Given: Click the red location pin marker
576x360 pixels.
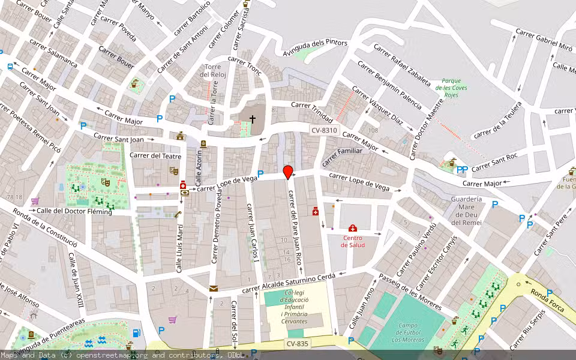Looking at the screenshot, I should pyautogui.click(x=288, y=172).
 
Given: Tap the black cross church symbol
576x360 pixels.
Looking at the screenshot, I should pyautogui.click(x=253, y=119).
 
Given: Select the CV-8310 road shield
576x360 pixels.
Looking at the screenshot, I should pyautogui.click(x=325, y=130).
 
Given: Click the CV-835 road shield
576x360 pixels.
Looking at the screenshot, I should pyautogui.click(x=298, y=344).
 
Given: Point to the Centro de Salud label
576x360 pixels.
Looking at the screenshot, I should pyautogui.click(x=353, y=241).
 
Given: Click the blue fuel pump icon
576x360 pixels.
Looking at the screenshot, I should pyautogui.click(x=137, y=334).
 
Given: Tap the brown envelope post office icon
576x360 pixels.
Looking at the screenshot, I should pyautogui.click(x=213, y=289).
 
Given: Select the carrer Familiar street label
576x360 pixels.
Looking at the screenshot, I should pyautogui.click(x=343, y=155).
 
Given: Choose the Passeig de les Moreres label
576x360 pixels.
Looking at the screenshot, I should pyautogui.click(x=410, y=292).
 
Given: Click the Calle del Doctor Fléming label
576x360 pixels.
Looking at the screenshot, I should pyautogui.click(x=74, y=211).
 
